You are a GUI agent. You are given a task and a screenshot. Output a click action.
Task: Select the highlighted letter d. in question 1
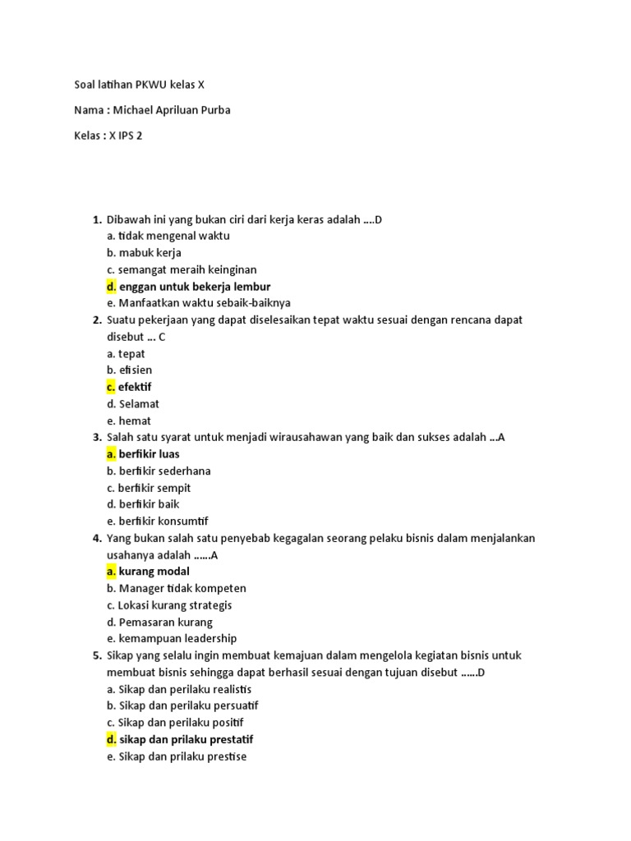point(112,286)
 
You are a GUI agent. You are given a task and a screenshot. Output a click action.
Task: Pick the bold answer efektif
point(135,387)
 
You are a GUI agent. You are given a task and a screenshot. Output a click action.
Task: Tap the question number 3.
point(97,437)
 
